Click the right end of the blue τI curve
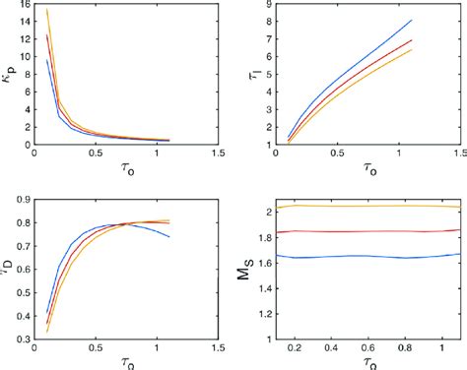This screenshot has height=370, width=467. coord(412,21)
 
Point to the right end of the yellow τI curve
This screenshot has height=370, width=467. coord(412,49)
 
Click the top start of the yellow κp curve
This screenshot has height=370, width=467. coord(46,10)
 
